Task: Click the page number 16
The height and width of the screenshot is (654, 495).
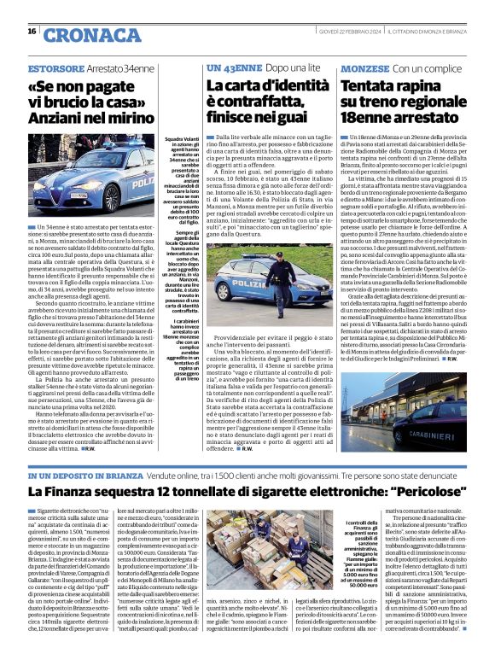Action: click(32, 32)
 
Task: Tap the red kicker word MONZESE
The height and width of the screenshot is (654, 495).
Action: click(366, 67)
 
